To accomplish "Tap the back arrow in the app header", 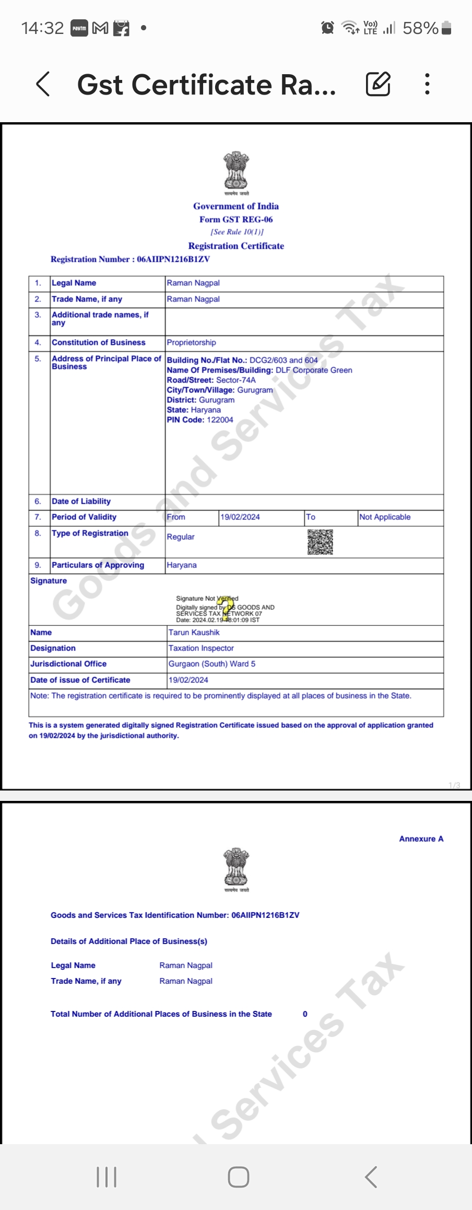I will tap(43, 84).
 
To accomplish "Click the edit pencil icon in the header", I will tap(377, 84).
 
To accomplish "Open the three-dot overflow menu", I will tap(427, 84).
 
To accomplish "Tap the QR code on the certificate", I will tap(320, 542).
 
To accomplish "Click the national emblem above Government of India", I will tap(236, 170).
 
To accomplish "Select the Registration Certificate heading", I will tap(236, 246).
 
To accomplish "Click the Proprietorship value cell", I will tap(191, 343).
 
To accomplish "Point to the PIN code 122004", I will tap(220, 420).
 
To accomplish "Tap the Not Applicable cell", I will tap(385, 517).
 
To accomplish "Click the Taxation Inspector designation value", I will tap(201, 648).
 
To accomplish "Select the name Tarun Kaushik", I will tap(194, 633).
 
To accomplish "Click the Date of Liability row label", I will tap(81, 502).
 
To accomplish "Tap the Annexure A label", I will tap(421, 839).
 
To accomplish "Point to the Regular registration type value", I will tap(181, 537).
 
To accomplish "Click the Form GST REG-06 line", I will tap(236, 219).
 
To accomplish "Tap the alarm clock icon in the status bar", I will tap(327, 28).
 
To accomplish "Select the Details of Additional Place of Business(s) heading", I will tap(129, 941).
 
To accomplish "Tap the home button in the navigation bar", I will tap(238, 1177).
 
